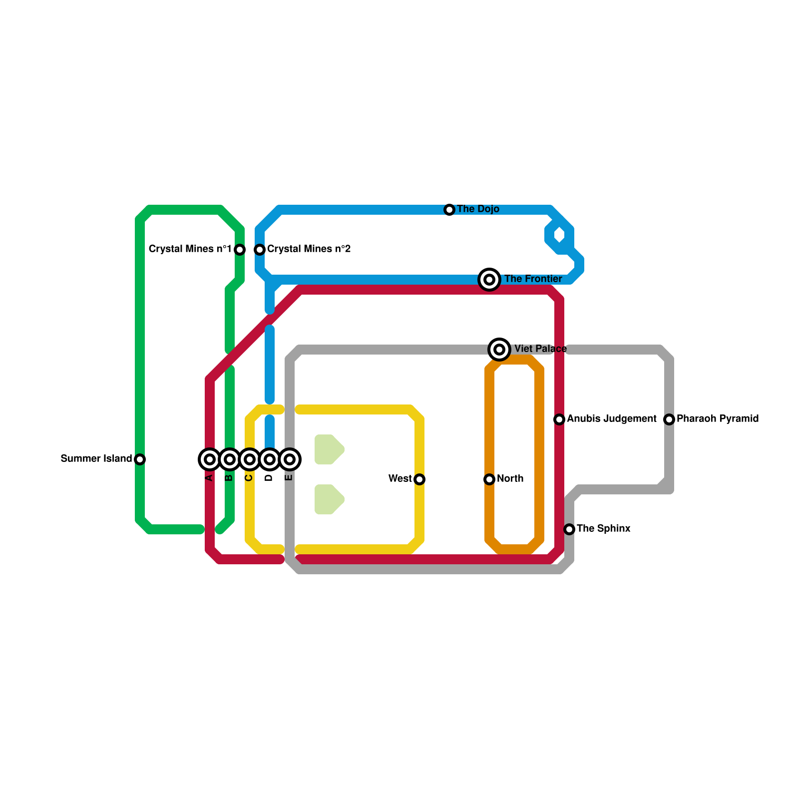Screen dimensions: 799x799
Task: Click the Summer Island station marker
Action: (x=140, y=459)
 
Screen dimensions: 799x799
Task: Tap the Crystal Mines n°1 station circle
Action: (x=240, y=249)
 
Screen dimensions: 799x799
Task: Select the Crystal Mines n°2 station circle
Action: (x=260, y=249)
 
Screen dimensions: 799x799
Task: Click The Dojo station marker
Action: (x=449, y=209)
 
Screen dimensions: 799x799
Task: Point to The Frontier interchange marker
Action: (x=489, y=279)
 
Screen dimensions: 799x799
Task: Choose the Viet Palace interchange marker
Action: (x=499, y=349)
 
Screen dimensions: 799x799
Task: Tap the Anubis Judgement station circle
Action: (x=559, y=419)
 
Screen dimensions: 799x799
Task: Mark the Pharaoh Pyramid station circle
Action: (x=669, y=419)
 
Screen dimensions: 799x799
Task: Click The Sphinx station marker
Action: (x=569, y=529)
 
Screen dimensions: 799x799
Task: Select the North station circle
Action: (x=489, y=479)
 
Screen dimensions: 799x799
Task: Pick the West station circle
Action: (x=419, y=479)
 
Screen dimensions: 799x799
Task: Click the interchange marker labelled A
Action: (x=210, y=459)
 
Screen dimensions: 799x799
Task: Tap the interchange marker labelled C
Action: (x=250, y=459)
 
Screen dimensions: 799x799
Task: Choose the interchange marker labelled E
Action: (x=290, y=459)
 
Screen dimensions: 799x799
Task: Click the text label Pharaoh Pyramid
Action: (x=718, y=418)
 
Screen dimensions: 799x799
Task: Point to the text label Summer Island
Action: (x=96, y=458)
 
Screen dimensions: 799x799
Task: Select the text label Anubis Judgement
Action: (x=612, y=418)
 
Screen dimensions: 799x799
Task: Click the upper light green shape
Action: (x=328, y=449)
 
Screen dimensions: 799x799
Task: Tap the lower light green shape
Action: (x=328, y=499)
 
